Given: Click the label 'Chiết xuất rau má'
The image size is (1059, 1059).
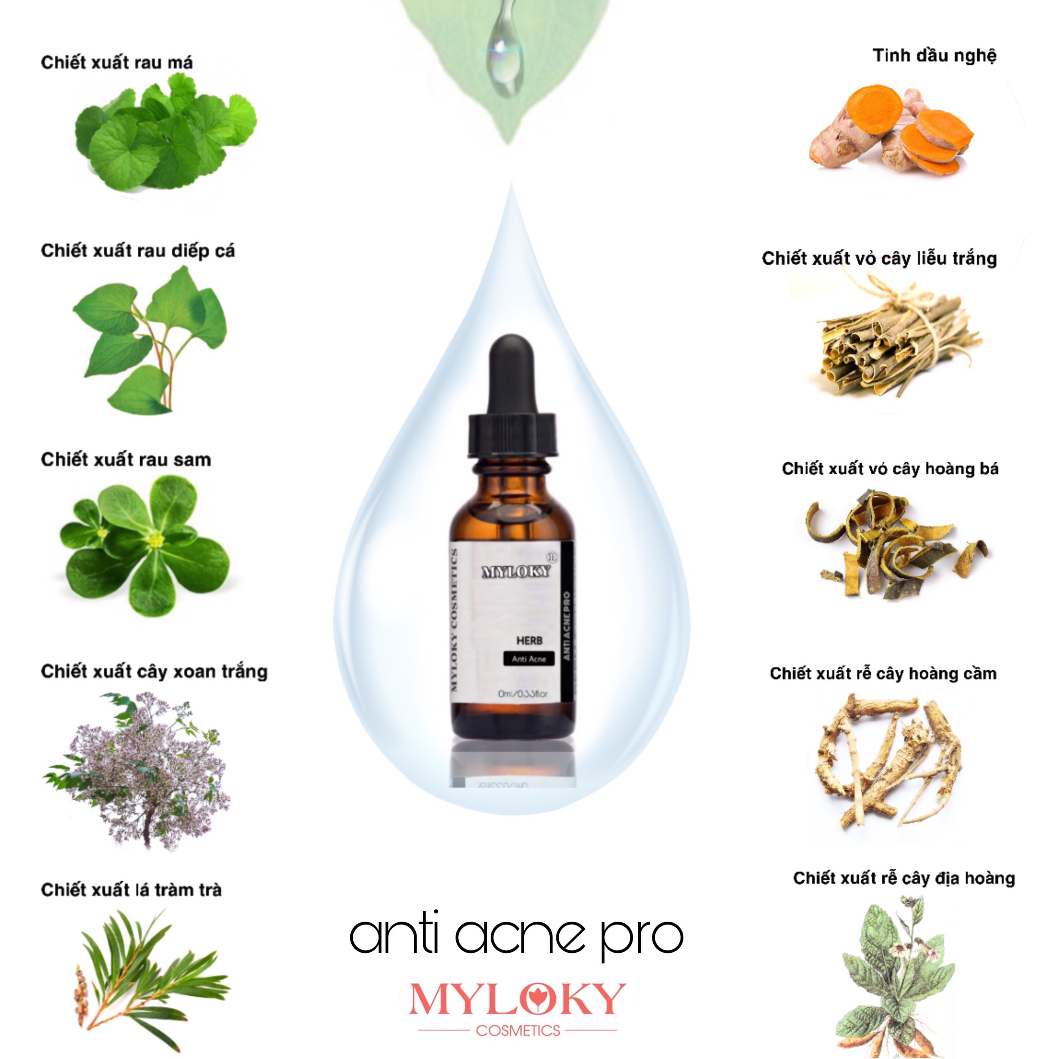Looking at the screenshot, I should [x=117, y=62].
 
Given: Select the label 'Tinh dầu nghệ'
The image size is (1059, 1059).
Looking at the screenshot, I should [x=934, y=56].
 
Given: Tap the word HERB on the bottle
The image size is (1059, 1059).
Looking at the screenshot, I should [x=529, y=640].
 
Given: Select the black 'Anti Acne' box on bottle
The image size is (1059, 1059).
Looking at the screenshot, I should [x=529, y=659].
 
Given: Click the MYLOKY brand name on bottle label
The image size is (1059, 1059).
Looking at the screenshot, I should [x=515, y=572].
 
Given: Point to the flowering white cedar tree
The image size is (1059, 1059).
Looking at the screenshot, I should [x=140, y=767].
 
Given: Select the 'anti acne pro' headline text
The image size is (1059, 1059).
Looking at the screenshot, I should [x=516, y=936].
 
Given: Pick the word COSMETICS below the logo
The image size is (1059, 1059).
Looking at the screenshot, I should [x=518, y=1030].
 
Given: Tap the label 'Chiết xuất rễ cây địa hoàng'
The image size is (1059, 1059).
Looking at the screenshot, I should [x=903, y=878].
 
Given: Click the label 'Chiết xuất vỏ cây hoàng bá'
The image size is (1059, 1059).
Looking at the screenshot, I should [x=890, y=469].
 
